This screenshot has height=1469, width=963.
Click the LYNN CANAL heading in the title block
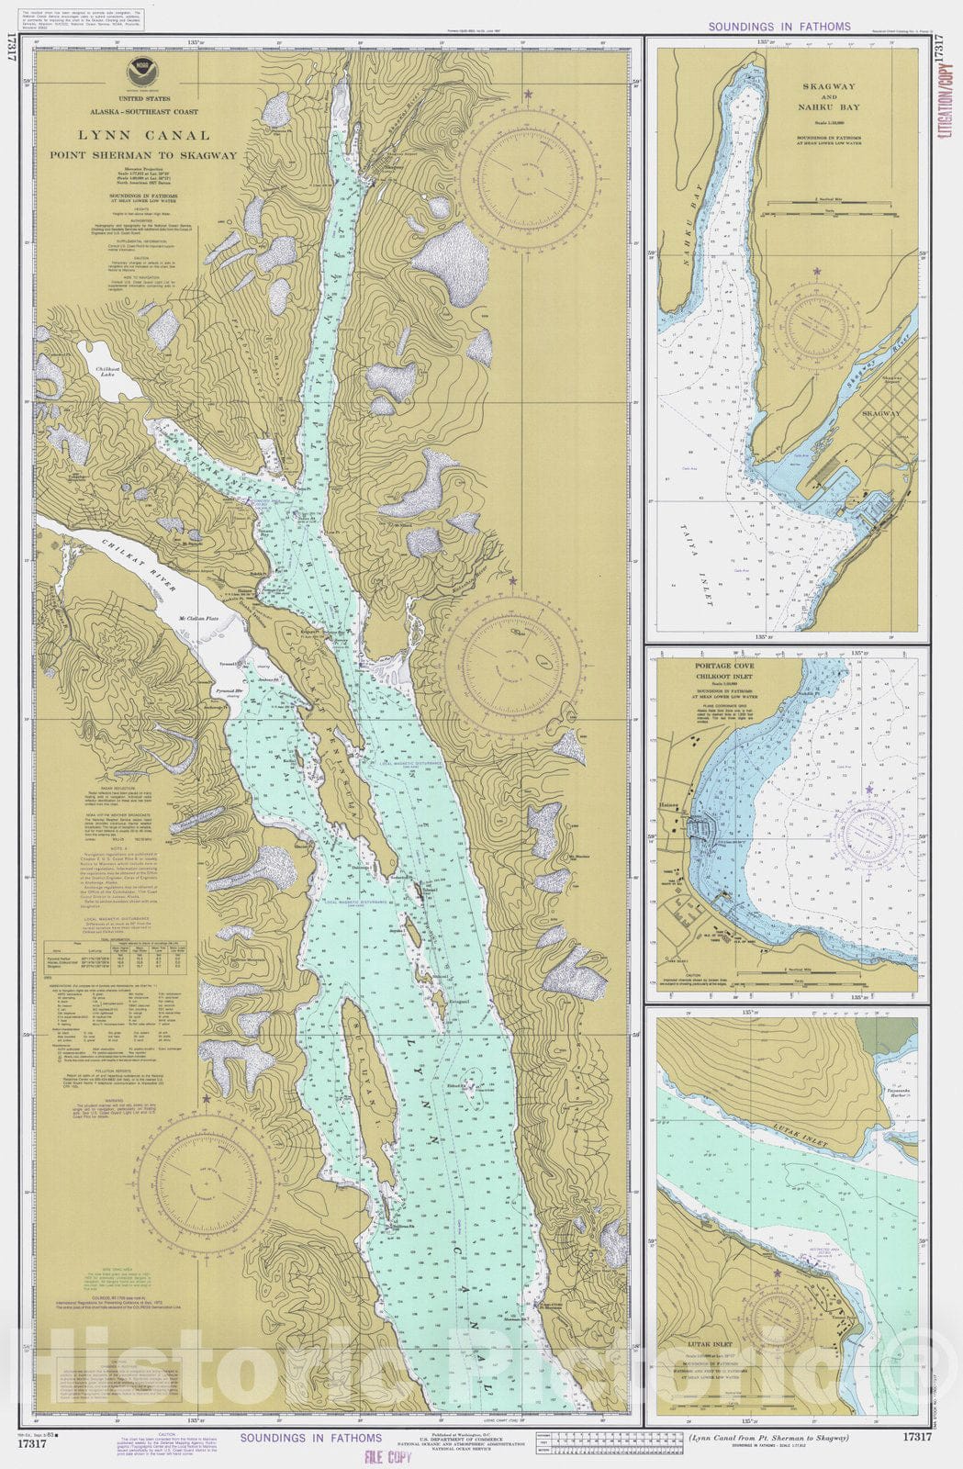(x=143, y=136)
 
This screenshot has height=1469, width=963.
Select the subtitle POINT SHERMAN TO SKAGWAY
(x=143, y=155)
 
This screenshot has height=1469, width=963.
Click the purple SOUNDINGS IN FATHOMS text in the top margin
(x=778, y=27)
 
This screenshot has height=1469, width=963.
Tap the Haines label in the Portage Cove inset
(x=668, y=806)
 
